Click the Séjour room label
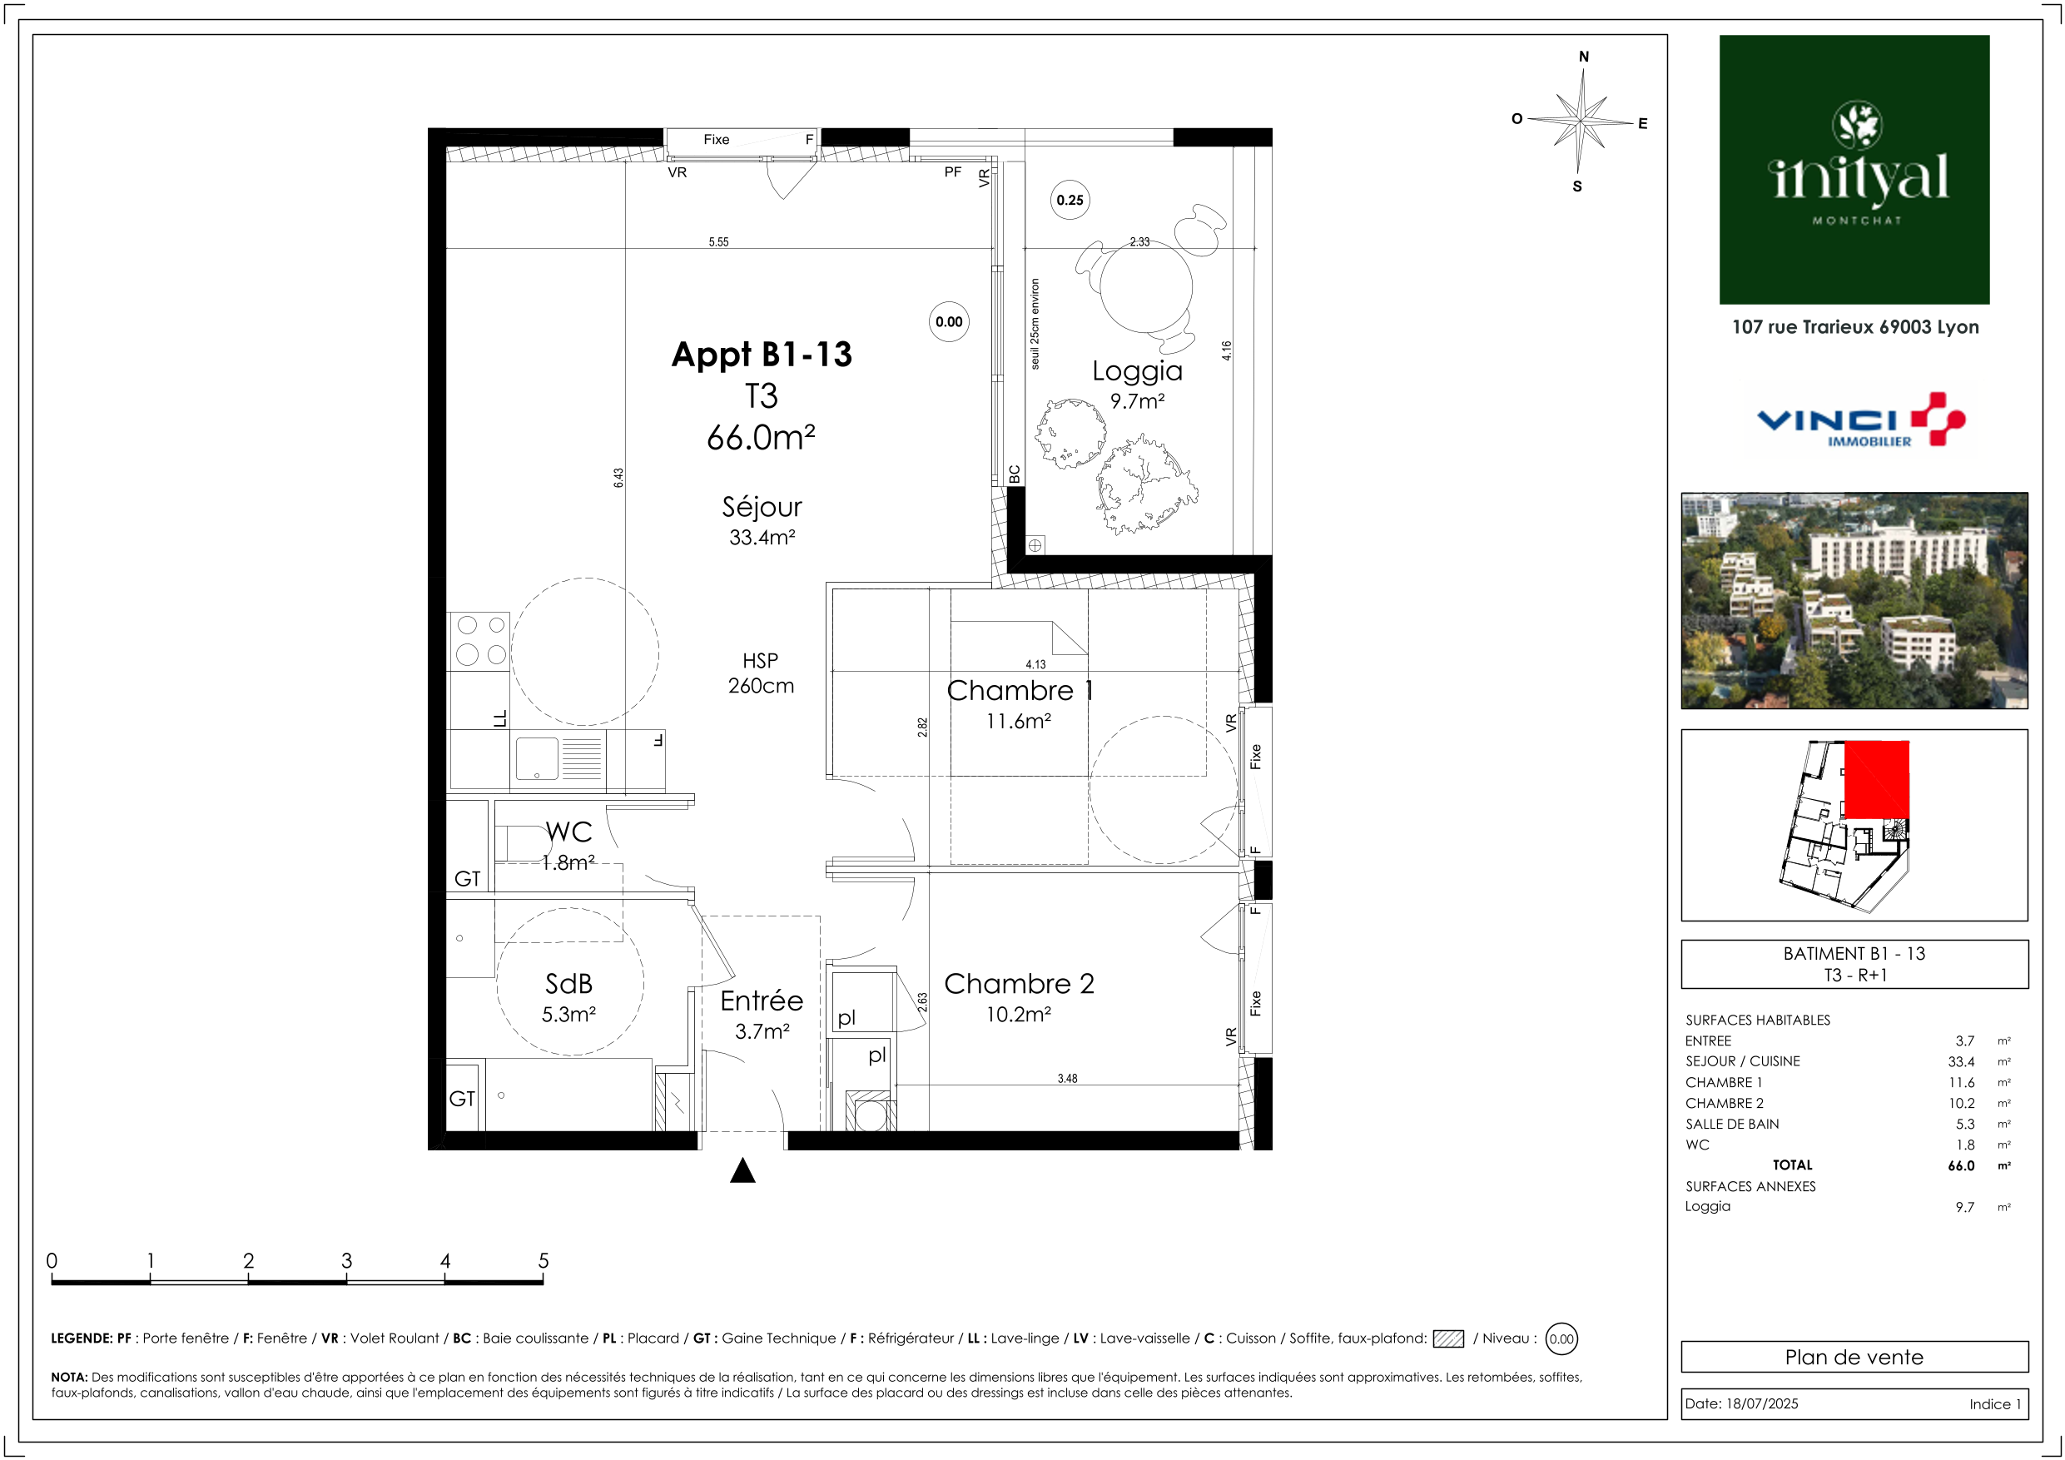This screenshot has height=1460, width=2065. [762, 508]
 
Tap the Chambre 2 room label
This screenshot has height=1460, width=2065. [1019, 983]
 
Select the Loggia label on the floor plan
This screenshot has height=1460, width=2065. [1137, 371]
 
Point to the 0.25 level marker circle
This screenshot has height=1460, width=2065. [1070, 200]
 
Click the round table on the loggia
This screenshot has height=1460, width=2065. [1147, 287]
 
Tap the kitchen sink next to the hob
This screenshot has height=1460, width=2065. [558, 758]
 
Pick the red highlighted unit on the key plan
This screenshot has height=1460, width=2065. [1877, 779]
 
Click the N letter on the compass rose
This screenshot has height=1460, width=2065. [1584, 57]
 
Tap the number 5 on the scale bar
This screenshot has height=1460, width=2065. [544, 1260]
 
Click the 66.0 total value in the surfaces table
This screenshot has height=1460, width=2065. [1961, 1166]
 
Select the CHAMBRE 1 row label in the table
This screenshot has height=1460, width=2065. [1723, 1082]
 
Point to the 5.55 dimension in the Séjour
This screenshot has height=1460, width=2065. [718, 242]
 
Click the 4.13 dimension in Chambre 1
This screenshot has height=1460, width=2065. [1035, 665]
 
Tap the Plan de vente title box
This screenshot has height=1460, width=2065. [1854, 1357]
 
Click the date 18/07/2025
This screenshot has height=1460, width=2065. [1763, 1403]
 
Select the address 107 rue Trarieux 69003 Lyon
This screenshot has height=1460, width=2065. [1855, 326]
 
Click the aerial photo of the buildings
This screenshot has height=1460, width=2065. [1854, 600]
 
